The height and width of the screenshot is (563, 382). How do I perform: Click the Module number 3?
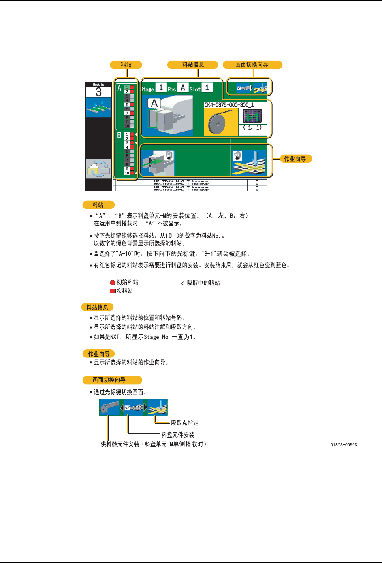pyautogui.click(x=98, y=92)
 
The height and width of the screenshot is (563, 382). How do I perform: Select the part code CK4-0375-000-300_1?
pyautogui.click(x=229, y=105)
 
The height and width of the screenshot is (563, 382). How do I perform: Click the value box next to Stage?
pyautogui.click(x=161, y=87)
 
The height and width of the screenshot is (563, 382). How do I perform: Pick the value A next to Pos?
pyautogui.click(x=183, y=87)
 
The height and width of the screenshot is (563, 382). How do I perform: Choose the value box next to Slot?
pyautogui.click(x=207, y=87)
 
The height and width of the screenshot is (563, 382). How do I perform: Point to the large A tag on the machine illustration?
pyautogui.click(x=154, y=104)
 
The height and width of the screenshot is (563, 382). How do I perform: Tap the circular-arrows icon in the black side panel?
pyautogui.click(x=98, y=168)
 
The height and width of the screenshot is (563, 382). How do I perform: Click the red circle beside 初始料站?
pyautogui.click(x=113, y=283)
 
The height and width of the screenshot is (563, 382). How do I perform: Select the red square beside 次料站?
pyautogui.click(x=113, y=291)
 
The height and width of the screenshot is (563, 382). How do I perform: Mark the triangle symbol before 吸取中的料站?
pyautogui.click(x=183, y=283)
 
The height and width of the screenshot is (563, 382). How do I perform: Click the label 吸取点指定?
pyautogui.click(x=185, y=423)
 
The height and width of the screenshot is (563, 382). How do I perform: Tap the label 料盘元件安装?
pyautogui.click(x=178, y=435)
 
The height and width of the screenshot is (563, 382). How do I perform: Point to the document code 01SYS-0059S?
pyautogui.click(x=344, y=445)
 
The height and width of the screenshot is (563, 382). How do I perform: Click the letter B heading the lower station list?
pyautogui.click(x=119, y=135)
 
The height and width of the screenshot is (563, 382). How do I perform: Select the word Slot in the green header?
pyautogui.click(x=195, y=89)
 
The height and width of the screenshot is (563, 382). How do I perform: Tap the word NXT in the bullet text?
pyautogui.click(x=115, y=337)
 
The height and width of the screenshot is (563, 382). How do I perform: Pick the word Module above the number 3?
pyautogui.click(x=98, y=85)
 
